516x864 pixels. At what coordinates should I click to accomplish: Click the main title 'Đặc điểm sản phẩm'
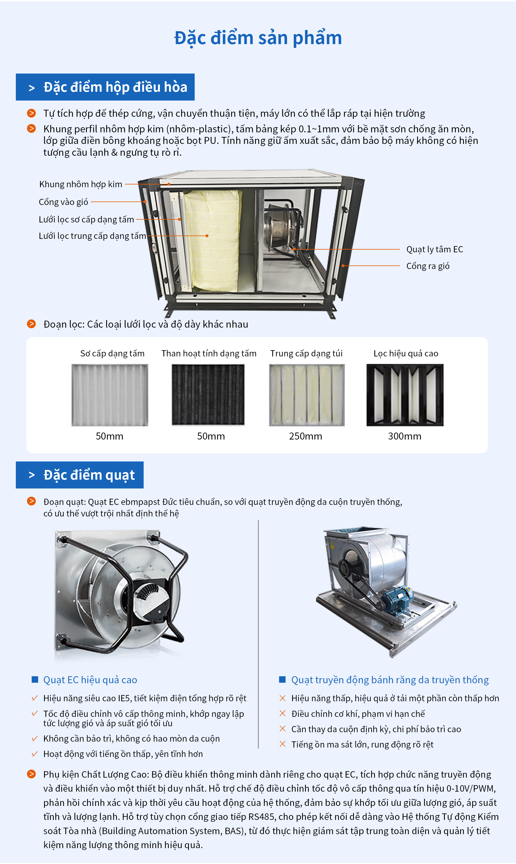click(x=258, y=38)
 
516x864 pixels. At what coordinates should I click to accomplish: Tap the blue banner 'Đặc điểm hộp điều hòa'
click(x=105, y=87)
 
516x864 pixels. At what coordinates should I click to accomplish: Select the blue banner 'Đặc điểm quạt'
click(x=80, y=475)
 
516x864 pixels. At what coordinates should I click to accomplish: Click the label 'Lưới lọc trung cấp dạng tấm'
click(x=92, y=236)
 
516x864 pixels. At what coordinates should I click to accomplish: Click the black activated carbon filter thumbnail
click(x=208, y=395)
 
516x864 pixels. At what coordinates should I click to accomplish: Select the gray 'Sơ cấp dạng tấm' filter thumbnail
click(x=110, y=395)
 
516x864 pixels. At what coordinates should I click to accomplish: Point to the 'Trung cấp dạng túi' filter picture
click(x=307, y=395)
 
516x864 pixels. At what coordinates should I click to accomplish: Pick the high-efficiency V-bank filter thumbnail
click(x=405, y=395)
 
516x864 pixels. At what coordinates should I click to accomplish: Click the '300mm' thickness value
click(x=404, y=436)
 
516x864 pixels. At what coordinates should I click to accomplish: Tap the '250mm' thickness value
click(x=305, y=436)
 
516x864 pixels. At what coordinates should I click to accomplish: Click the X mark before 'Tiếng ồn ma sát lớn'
click(x=282, y=744)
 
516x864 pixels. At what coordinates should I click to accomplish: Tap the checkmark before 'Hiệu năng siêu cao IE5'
click(x=34, y=698)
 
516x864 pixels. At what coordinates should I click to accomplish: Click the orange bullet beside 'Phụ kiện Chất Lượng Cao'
click(x=31, y=774)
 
